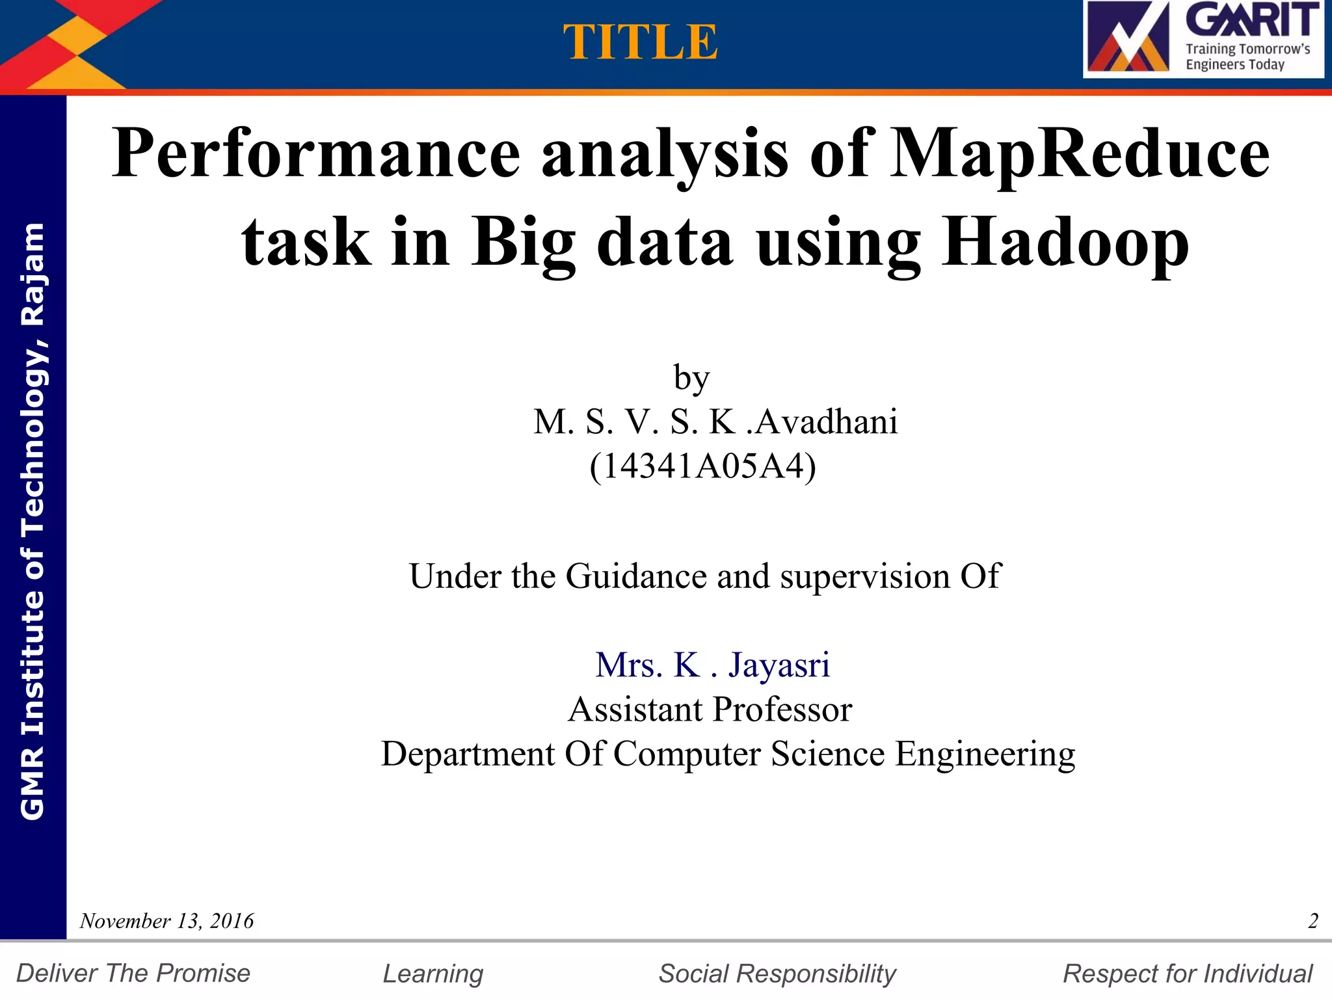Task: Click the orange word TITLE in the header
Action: point(641,43)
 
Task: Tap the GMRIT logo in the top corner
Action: point(1203,39)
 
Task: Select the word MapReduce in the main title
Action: point(1079,154)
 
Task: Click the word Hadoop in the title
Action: point(1065,243)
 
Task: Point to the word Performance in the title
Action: point(316,154)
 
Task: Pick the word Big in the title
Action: point(524,243)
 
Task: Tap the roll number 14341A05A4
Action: point(702,466)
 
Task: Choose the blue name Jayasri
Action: point(779,665)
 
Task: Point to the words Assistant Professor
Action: point(710,709)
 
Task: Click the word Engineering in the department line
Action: point(985,754)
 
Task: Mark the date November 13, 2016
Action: point(166,921)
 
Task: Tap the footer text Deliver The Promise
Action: point(133,974)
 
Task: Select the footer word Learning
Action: point(433,974)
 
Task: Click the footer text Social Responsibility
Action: point(777,974)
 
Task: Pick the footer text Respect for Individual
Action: point(1188,974)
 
